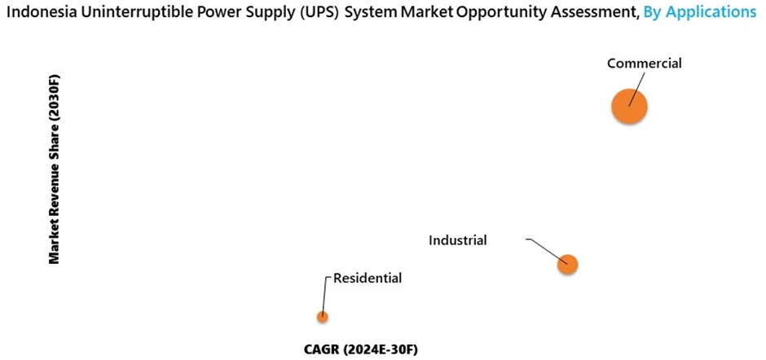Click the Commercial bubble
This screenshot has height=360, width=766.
click(x=630, y=106)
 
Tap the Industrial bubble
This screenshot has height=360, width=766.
click(x=568, y=264)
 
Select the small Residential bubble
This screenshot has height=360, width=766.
click(x=323, y=317)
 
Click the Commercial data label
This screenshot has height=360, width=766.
click(x=644, y=64)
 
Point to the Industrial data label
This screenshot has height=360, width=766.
click(x=458, y=240)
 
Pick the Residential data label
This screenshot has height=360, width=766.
click(x=368, y=279)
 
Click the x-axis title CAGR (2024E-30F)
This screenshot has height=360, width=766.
click(x=360, y=349)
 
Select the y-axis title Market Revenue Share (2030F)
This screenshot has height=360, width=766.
click(x=55, y=169)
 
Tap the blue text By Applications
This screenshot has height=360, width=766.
click(x=699, y=12)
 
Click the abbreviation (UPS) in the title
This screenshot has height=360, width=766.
click(x=304, y=12)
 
